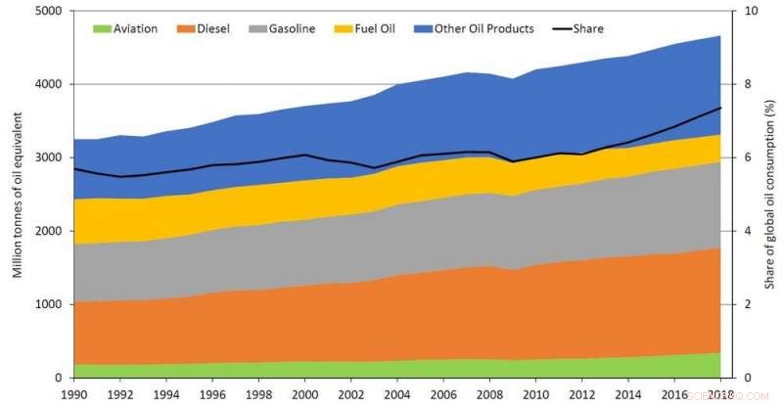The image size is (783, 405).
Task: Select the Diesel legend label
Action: [213, 28]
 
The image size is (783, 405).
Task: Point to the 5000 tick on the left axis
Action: [49, 11]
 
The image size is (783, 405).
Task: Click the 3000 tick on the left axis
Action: [49, 157]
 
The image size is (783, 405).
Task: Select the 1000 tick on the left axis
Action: [49, 304]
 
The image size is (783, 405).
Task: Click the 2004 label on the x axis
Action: [395, 394]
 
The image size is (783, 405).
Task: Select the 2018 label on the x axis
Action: [720, 394]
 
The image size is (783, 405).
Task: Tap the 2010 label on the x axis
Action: [534, 394]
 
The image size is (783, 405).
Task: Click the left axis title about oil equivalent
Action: [18, 194]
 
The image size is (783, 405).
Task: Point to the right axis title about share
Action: [770, 194]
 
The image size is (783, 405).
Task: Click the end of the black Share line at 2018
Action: [720, 108]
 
